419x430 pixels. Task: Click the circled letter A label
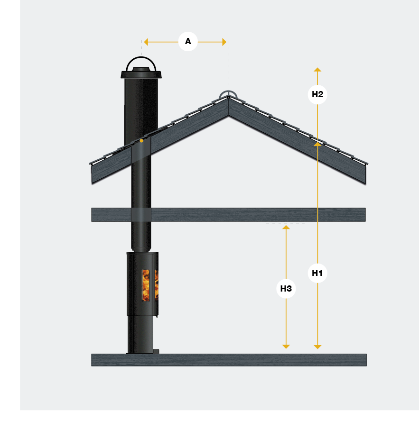click(x=188, y=41)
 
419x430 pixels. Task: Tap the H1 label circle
click(x=317, y=273)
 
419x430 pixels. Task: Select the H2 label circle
click(x=317, y=94)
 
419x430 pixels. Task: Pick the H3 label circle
click(x=286, y=289)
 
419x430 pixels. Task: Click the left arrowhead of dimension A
click(x=146, y=42)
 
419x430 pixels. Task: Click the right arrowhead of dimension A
click(x=224, y=42)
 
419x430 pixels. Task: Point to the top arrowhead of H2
click(x=317, y=70)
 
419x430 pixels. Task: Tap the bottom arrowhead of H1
click(x=317, y=347)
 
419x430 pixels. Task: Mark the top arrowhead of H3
click(x=286, y=228)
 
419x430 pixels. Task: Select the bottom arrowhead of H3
click(x=286, y=347)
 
